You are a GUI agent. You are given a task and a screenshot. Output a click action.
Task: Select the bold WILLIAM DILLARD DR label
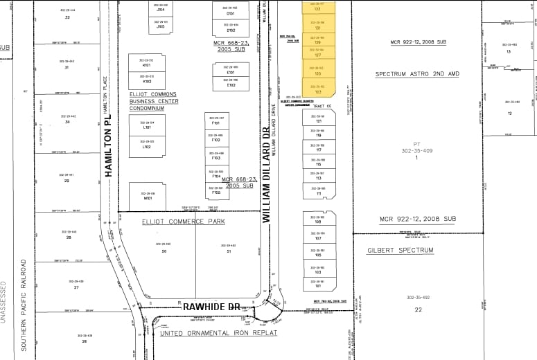pyautogui.click(x=265, y=180)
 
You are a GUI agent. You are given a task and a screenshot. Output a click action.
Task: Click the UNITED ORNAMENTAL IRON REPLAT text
pyautogui.click(x=218, y=333)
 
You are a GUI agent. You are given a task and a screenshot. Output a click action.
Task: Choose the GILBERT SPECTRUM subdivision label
pyautogui.click(x=410, y=250)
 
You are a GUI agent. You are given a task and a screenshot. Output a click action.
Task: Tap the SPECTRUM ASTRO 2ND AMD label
pyautogui.click(x=418, y=74)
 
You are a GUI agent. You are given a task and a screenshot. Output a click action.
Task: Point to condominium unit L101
pyautogui.click(x=147, y=127)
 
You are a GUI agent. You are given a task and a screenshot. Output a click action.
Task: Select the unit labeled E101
pyautogui.click(x=231, y=72)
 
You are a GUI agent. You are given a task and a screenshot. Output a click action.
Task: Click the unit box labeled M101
pyautogui.click(x=147, y=197)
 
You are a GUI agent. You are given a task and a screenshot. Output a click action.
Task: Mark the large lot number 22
pyautogui.click(x=418, y=309)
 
